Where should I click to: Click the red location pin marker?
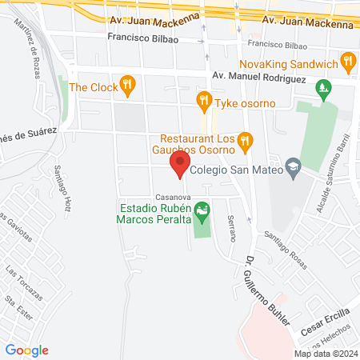[x=179, y=166]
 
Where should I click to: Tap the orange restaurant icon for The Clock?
[x=126, y=85]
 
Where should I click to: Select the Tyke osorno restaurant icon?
[x=204, y=100]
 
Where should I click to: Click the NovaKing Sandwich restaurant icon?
[x=347, y=61]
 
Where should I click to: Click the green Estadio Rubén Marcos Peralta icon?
[x=202, y=211]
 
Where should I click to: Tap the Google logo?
[x=27, y=350]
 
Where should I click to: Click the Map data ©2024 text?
[x=326, y=353]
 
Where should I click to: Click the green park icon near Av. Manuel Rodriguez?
[x=324, y=86]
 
